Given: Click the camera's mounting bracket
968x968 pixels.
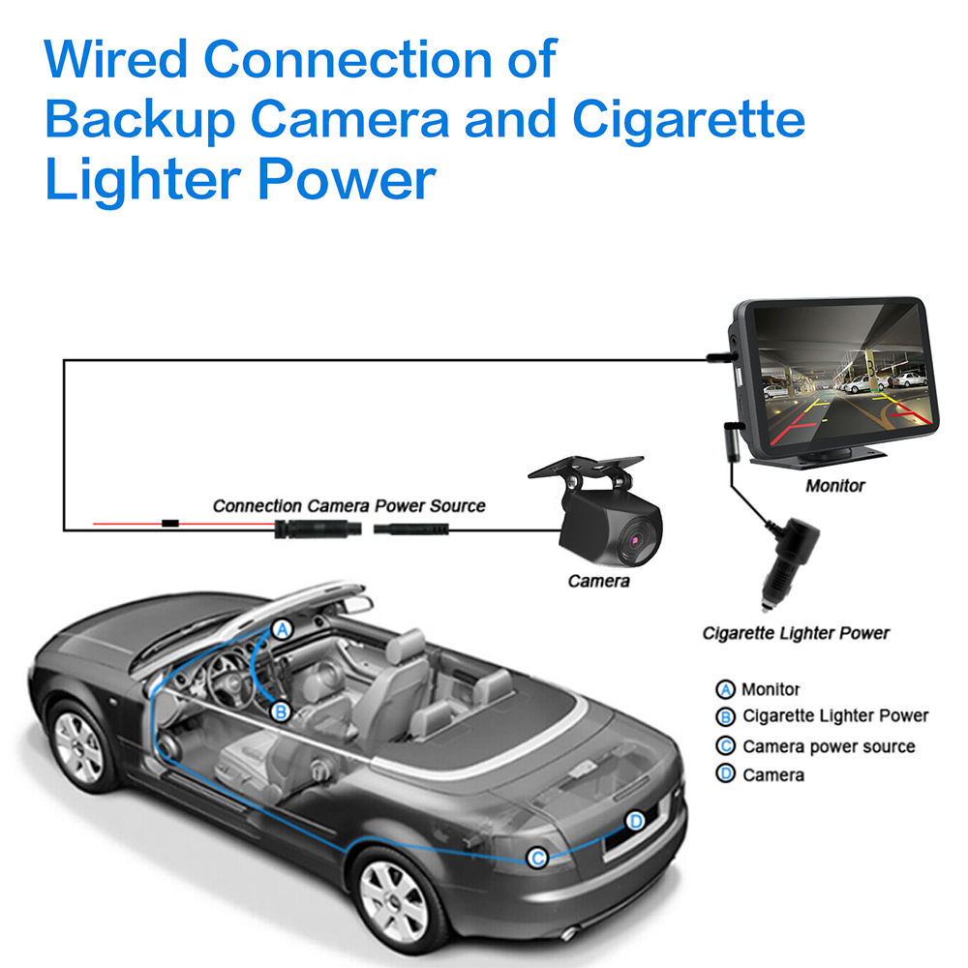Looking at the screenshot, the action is point(585,471).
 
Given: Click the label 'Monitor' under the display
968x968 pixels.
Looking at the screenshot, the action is point(834,485).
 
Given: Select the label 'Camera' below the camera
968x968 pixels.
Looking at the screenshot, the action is point(598,581).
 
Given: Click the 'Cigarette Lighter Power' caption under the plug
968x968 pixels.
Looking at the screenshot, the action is point(796,634).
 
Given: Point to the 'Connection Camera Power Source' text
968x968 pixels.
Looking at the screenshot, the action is point(348,505).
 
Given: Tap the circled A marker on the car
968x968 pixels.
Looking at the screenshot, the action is point(282,629).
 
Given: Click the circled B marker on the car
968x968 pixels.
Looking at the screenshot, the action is point(281,711).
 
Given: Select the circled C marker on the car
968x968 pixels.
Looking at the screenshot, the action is point(537,857).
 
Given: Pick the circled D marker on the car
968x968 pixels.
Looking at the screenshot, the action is point(635,822).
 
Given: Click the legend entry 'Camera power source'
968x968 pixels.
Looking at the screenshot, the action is point(828,746).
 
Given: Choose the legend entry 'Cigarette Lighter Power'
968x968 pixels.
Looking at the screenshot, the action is point(834,716).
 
